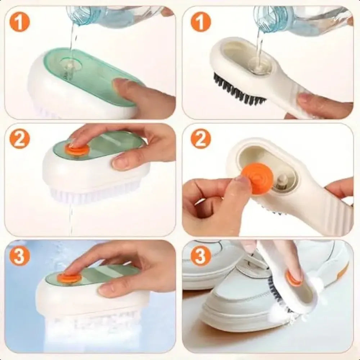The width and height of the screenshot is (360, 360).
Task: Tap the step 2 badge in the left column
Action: point(20,140)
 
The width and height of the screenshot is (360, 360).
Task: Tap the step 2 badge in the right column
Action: point(201,140)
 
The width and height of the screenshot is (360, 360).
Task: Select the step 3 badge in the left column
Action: point(20,256)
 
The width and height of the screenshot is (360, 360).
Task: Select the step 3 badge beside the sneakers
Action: point(201,256)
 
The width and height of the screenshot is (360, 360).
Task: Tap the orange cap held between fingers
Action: point(257,179)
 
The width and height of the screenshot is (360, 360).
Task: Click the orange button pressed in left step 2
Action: point(77,149)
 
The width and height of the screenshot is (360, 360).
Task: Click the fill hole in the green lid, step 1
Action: point(68,67)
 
